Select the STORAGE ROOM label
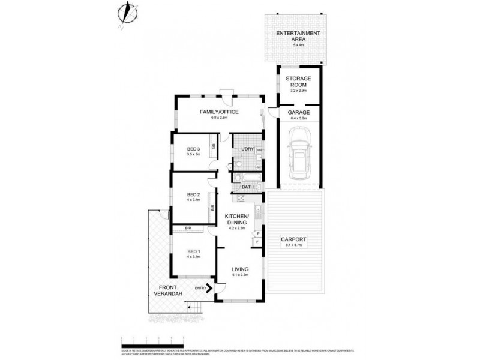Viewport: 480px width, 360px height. pyautogui.click(x=298, y=83)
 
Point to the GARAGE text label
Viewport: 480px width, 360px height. pyautogui.click(x=299, y=112)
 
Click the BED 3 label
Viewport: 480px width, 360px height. pyautogui.click(x=193, y=149)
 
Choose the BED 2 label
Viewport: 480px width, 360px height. pyautogui.click(x=193, y=194)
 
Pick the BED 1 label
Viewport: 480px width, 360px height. pyautogui.click(x=193, y=251)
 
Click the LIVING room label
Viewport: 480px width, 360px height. pyautogui.click(x=240, y=269)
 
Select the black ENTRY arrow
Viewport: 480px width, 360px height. pyautogui.click(x=209, y=287)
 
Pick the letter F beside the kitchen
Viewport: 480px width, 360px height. pyautogui.click(x=257, y=242)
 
